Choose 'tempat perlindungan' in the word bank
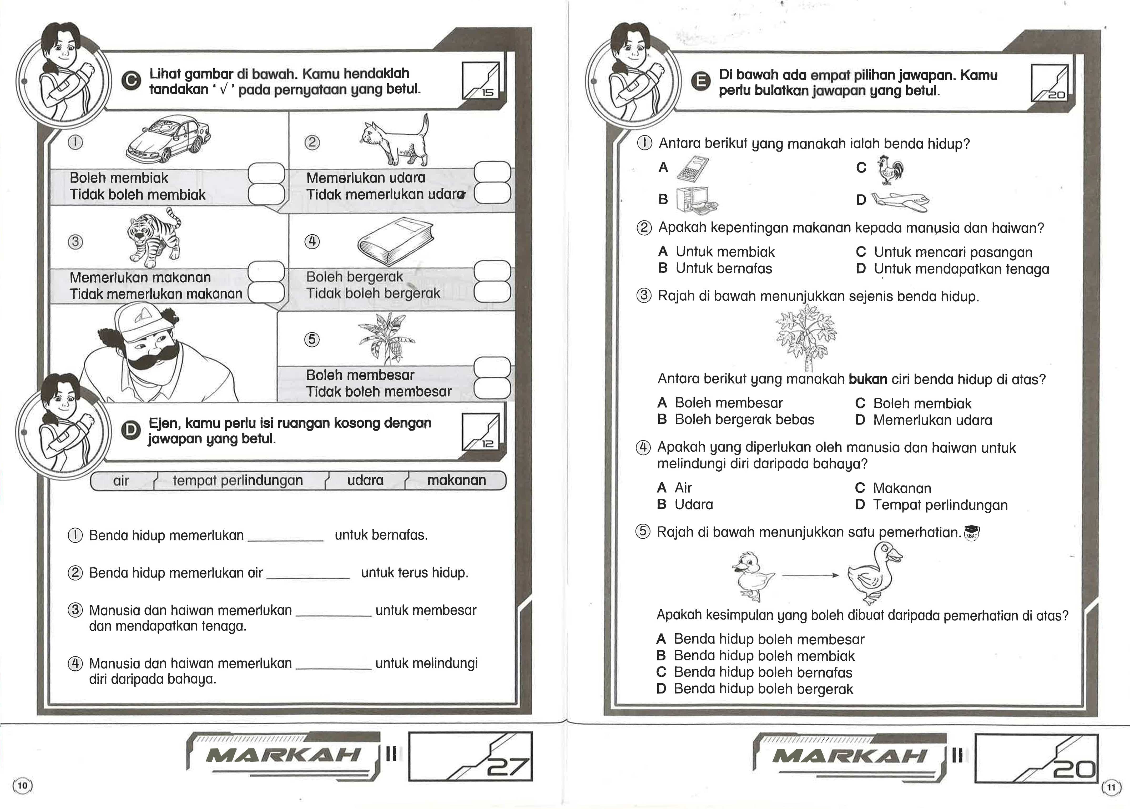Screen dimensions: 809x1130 coord(238,480)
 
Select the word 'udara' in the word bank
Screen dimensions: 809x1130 coord(365,480)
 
